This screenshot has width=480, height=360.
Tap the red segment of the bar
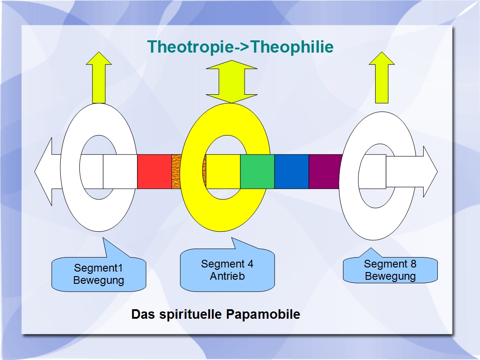pyautogui.click(x=154, y=171)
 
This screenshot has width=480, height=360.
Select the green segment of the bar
pyautogui.click(x=257, y=171)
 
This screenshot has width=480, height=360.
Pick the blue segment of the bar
pyautogui.click(x=292, y=171)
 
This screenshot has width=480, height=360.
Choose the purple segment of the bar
pyautogui.click(x=324, y=171)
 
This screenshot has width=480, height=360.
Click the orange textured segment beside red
pyautogui.click(x=176, y=171)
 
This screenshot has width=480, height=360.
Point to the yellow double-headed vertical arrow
pyautogui.click(x=232, y=82)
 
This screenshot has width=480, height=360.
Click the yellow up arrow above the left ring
pyautogui.click(x=99, y=78)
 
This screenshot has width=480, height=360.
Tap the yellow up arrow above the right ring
pyautogui.click(x=382, y=78)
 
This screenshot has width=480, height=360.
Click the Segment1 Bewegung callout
pyautogui.click(x=98, y=274)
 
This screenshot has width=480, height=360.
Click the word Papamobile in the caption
pyautogui.click(x=263, y=314)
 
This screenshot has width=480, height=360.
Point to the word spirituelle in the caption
pyautogui.click(x=191, y=314)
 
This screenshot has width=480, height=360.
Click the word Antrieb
pyautogui.click(x=227, y=276)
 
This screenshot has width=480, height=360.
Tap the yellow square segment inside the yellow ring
pyautogui.click(x=223, y=171)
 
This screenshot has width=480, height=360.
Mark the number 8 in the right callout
pyautogui.click(x=413, y=264)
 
